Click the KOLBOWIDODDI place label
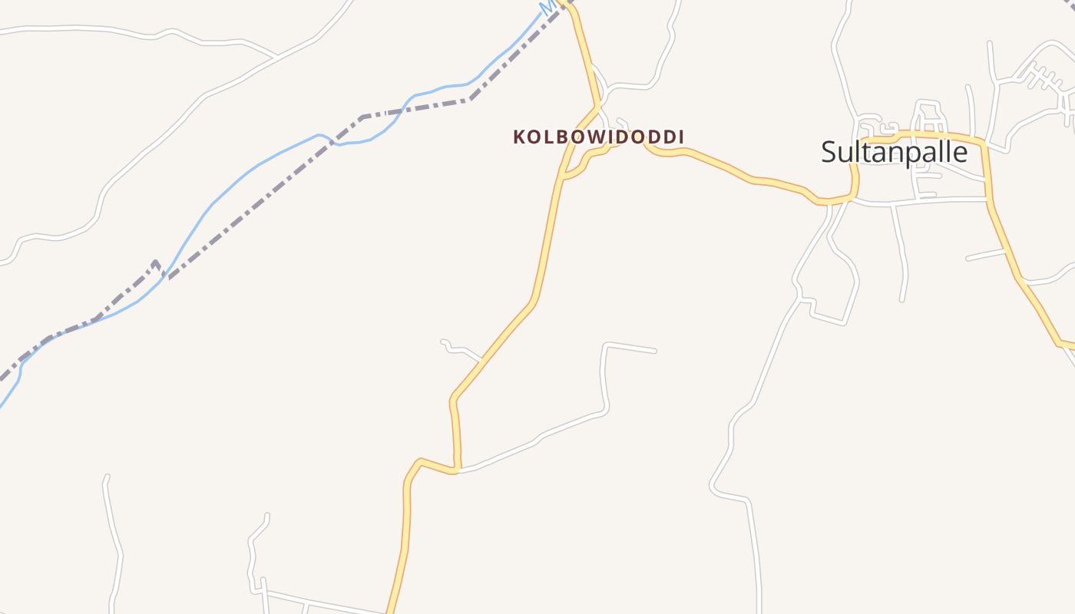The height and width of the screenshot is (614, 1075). [598, 137]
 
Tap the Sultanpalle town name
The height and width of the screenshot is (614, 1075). [894, 152]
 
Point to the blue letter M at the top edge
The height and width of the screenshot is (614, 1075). [547, 7]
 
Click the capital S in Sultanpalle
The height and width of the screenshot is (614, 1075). [829, 152]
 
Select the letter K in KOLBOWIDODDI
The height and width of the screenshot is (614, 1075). [520, 137]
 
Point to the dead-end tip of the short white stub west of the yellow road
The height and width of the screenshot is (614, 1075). [443, 341]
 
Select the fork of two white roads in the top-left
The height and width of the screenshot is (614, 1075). [276, 57]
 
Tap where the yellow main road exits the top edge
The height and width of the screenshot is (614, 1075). [567, 3]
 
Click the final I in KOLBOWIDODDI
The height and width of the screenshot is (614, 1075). [680, 137]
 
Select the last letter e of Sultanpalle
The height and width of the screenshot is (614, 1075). [960, 153]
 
